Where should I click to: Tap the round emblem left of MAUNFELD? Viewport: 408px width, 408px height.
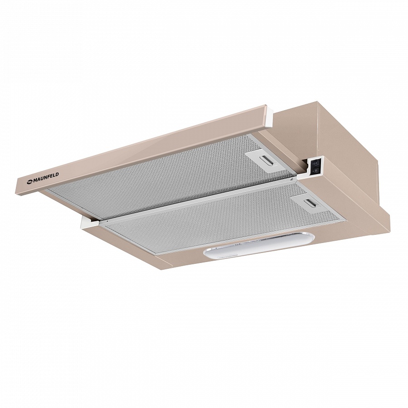click(29, 182)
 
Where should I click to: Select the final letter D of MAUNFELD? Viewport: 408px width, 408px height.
click(57, 175)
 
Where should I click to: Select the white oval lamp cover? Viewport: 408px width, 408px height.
click(259, 245)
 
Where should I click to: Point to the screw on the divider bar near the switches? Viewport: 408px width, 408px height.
click(292, 179)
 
